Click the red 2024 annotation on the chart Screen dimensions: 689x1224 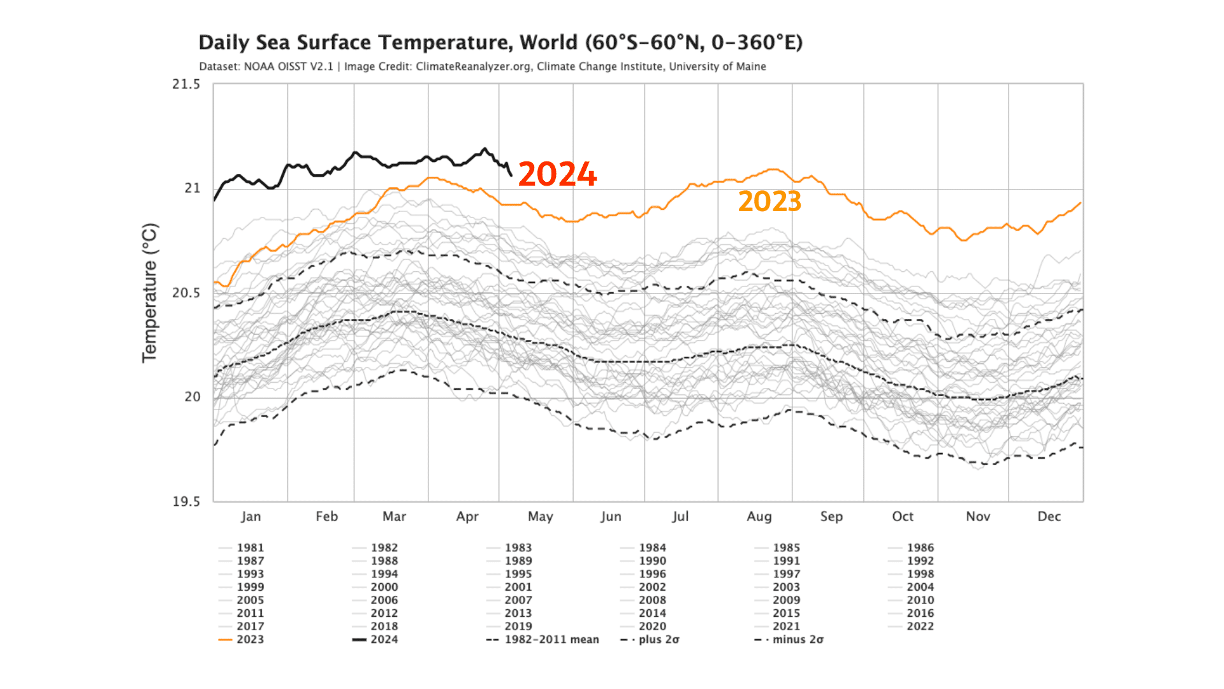click(557, 174)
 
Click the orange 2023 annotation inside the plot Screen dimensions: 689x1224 click(769, 202)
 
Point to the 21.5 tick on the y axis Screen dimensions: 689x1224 click(186, 84)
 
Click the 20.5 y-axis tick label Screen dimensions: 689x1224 click(186, 293)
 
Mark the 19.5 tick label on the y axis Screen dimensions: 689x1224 click(186, 501)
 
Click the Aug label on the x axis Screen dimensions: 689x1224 click(759, 516)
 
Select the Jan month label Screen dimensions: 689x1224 click(251, 516)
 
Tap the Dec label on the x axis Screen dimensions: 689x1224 click(1049, 516)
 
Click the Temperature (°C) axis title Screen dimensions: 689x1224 click(149, 293)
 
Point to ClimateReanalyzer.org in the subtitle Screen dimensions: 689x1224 click(473, 66)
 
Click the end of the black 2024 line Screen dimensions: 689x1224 click(511, 175)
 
